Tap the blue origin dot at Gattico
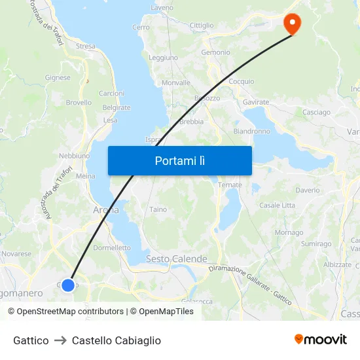(67, 285)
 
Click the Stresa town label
(85, 46)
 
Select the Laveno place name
(162, 8)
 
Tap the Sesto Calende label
(176, 259)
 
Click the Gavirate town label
(255, 102)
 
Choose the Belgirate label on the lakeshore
(117, 107)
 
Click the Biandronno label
(251, 131)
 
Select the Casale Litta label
(277, 205)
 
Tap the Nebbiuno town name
(74, 156)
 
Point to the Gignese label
(58, 77)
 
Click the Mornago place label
(289, 232)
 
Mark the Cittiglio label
(201, 26)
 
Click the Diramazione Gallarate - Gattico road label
(249, 281)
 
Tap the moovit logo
(320, 339)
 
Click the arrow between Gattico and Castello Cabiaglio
(60, 340)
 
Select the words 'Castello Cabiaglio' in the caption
(116, 340)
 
